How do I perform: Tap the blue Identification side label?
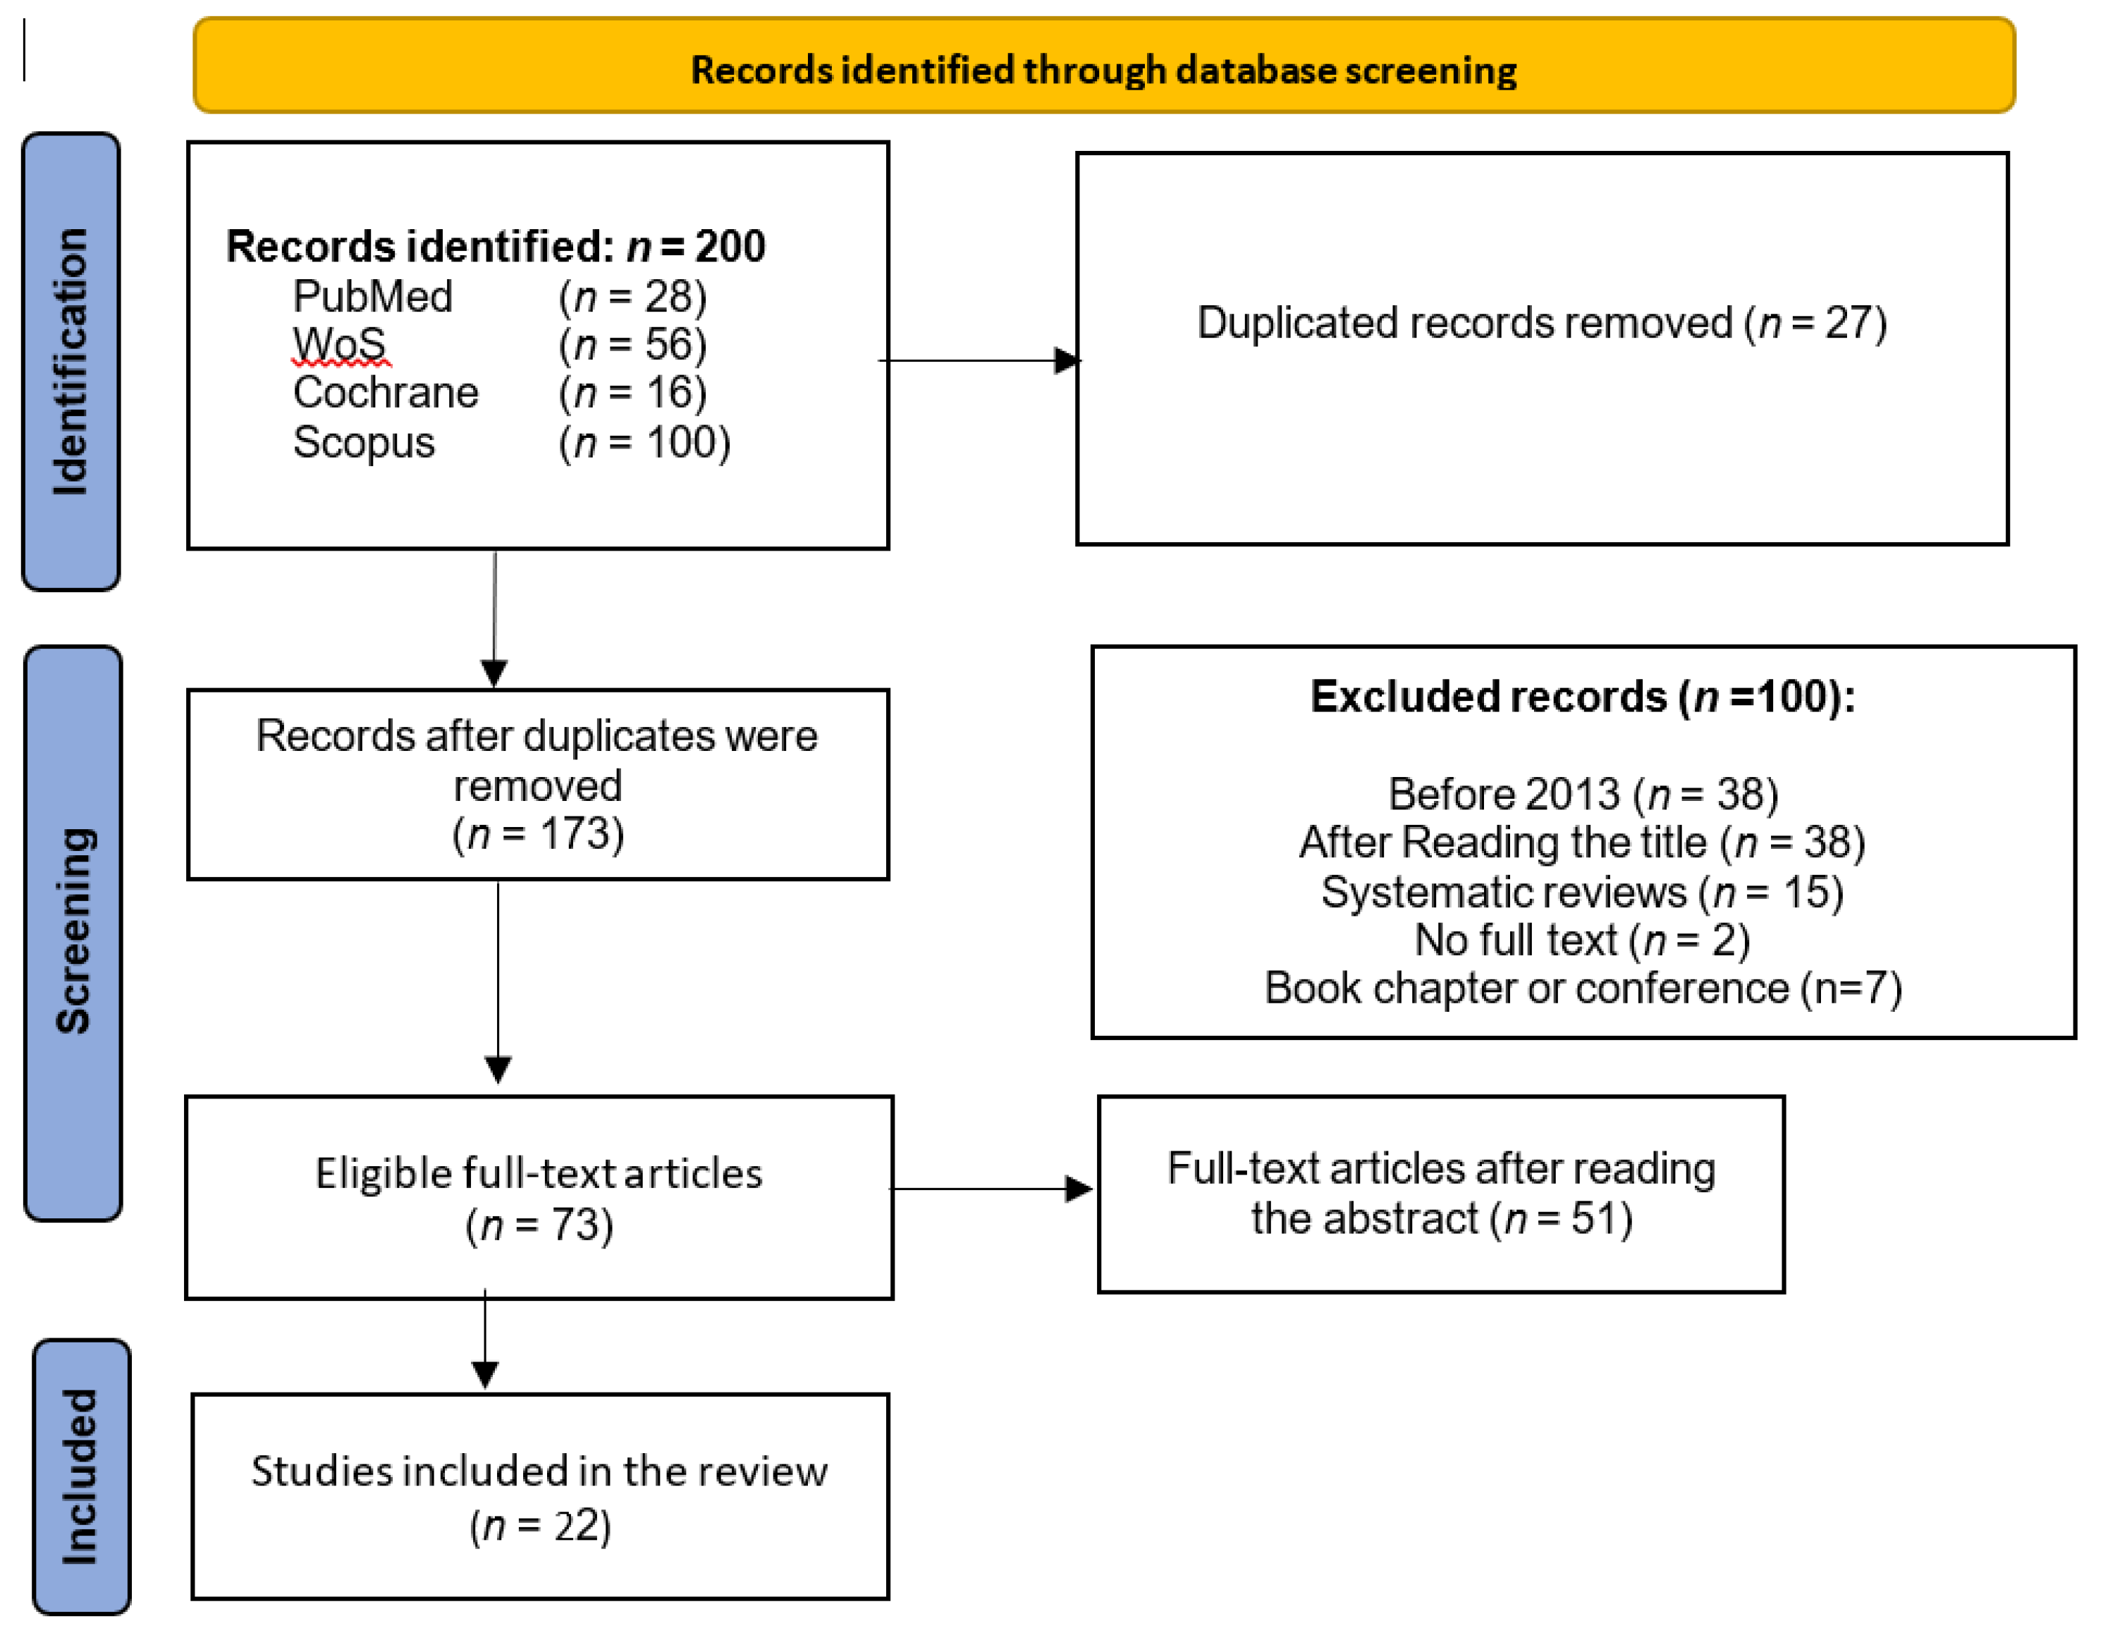71,362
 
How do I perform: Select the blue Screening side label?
73,931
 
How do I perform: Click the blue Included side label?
81,1476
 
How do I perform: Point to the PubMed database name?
373,297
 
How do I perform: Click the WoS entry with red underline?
340,345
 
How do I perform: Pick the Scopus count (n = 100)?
644,443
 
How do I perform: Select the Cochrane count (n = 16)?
632,393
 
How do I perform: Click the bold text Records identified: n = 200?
495,247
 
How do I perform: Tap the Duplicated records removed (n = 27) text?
1540,323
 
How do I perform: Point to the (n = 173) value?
539,834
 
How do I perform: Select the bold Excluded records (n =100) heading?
1582,696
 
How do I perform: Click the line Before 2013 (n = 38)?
1582,795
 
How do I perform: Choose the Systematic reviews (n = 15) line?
1582,893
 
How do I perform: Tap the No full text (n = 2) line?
1582,941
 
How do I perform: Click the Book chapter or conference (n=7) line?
1582,989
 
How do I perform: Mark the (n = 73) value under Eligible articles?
539,1225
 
